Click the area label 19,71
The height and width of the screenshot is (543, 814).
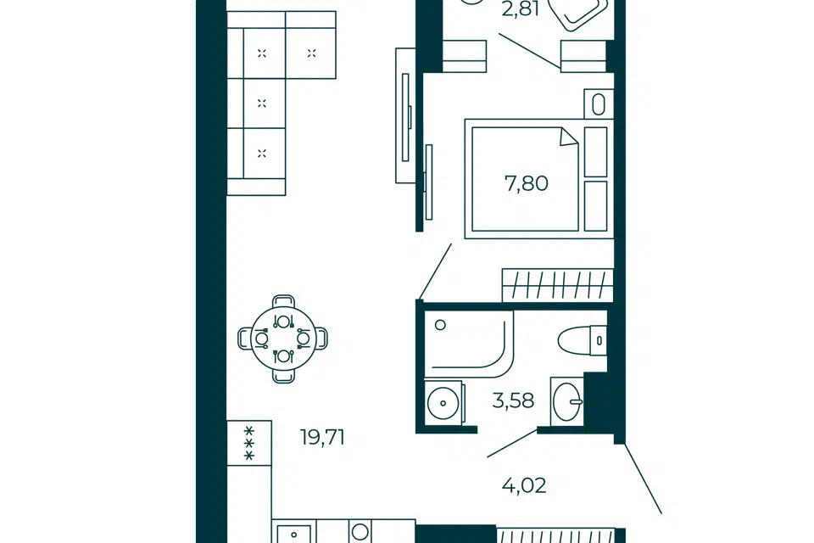tap(322, 438)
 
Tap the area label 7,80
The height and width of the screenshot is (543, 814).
tap(526, 183)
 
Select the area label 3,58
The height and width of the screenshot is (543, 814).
tap(513, 401)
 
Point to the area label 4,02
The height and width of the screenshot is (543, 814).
tap(524, 486)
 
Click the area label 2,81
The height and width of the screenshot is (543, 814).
tap(520, 8)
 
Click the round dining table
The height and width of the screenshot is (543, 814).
tap(283, 339)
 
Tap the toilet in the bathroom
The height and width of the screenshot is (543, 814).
tap(583, 340)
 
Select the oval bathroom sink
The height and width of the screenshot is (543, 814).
tap(567, 401)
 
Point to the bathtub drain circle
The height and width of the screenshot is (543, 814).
tap(440, 325)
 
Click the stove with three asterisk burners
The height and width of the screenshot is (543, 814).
tap(249, 443)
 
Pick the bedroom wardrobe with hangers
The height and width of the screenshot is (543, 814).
tap(558, 285)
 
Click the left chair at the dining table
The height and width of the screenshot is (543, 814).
tap(244, 339)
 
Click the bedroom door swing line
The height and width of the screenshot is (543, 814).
tap(434, 271)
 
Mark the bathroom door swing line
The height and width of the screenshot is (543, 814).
tap(512, 443)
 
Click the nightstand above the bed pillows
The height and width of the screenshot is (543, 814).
tap(599, 104)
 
